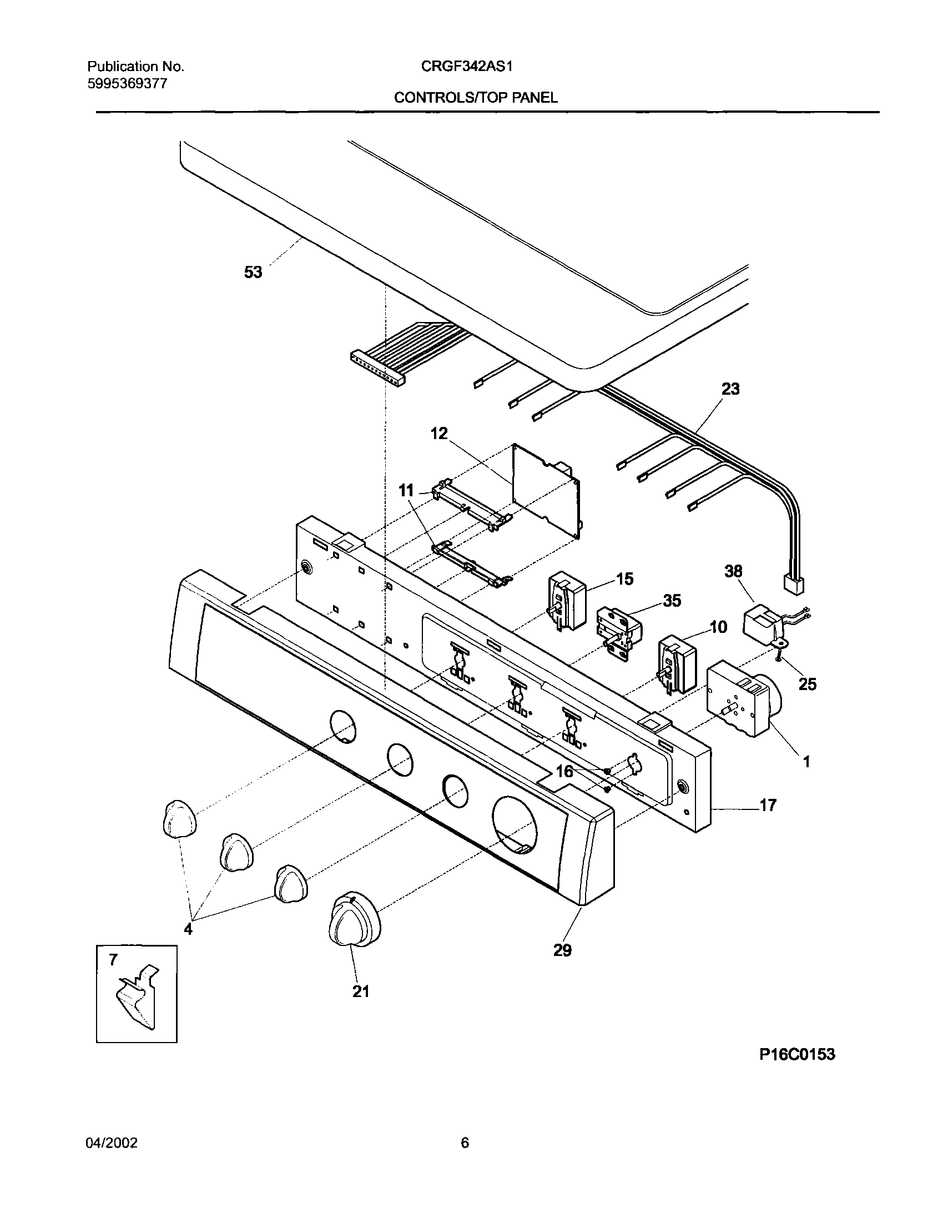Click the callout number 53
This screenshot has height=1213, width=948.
tap(253, 273)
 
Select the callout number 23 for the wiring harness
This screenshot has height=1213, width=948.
tap(730, 389)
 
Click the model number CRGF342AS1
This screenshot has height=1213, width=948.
tap(466, 67)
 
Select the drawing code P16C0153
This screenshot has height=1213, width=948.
tap(797, 1070)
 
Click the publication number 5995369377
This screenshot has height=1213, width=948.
tap(127, 84)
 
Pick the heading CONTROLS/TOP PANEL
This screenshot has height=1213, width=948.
tap(476, 98)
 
